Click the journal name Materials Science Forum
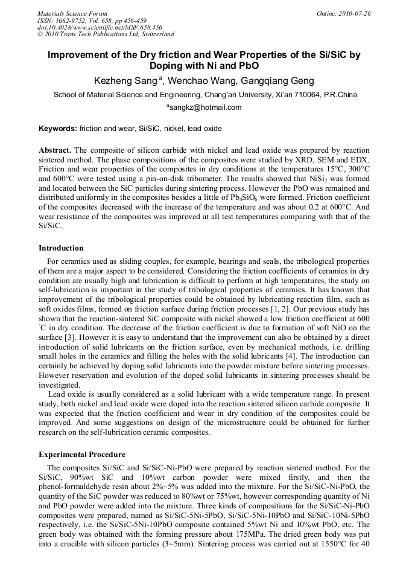pos(72,13)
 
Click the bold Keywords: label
pos(58,129)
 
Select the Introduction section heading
pos(61,248)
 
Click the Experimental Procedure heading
pos(82,454)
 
